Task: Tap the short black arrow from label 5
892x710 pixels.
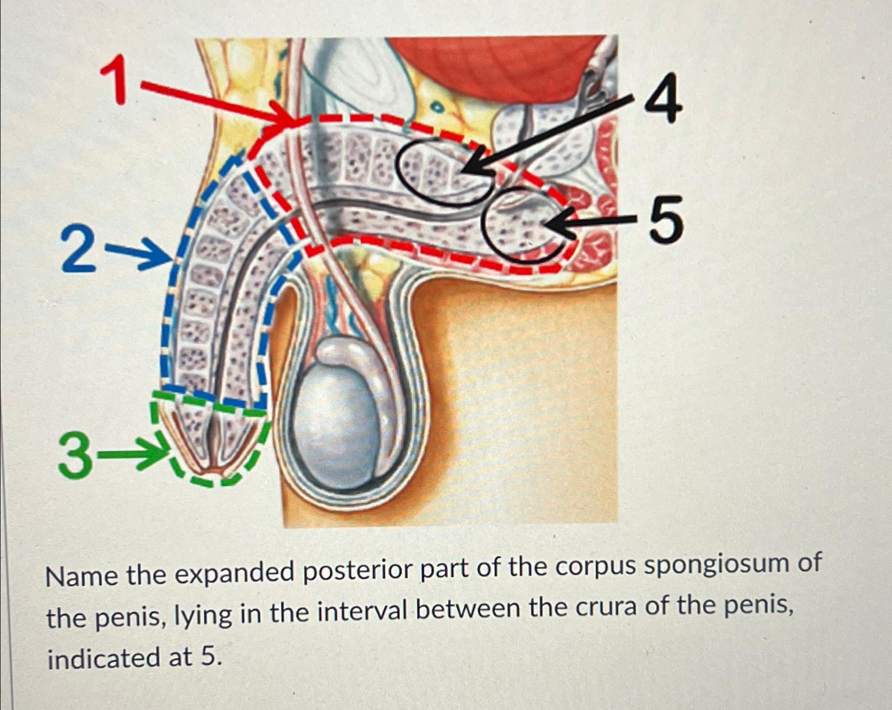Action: [x=588, y=222]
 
